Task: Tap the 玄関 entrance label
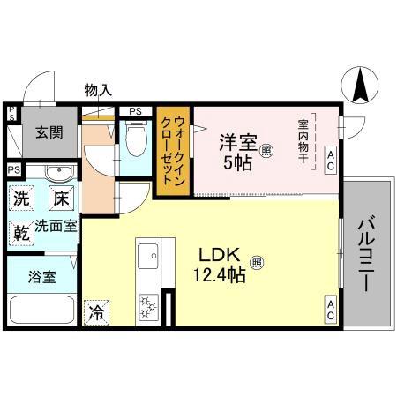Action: (49, 133)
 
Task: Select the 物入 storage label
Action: (97, 89)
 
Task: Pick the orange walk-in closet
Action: (174, 152)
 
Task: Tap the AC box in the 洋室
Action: (331, 159)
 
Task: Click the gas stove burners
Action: (146, 308)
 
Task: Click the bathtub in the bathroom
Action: (41, 311)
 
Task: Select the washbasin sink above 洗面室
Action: (57, 172)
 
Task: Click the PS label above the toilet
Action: (134, 111)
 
